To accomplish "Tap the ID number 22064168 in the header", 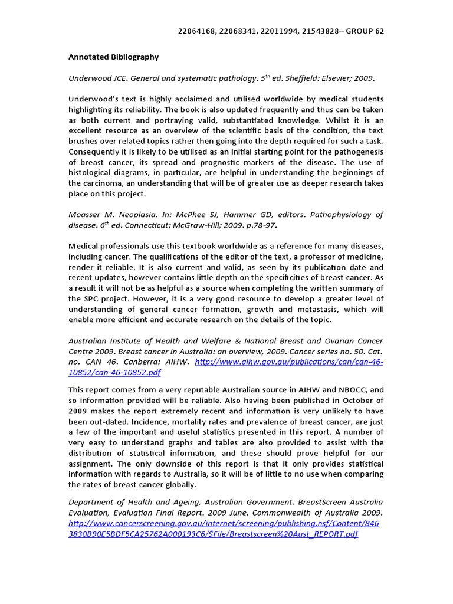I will pos(197,31).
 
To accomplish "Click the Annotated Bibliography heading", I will pos(114,57).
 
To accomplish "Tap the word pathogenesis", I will pos(357,151).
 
